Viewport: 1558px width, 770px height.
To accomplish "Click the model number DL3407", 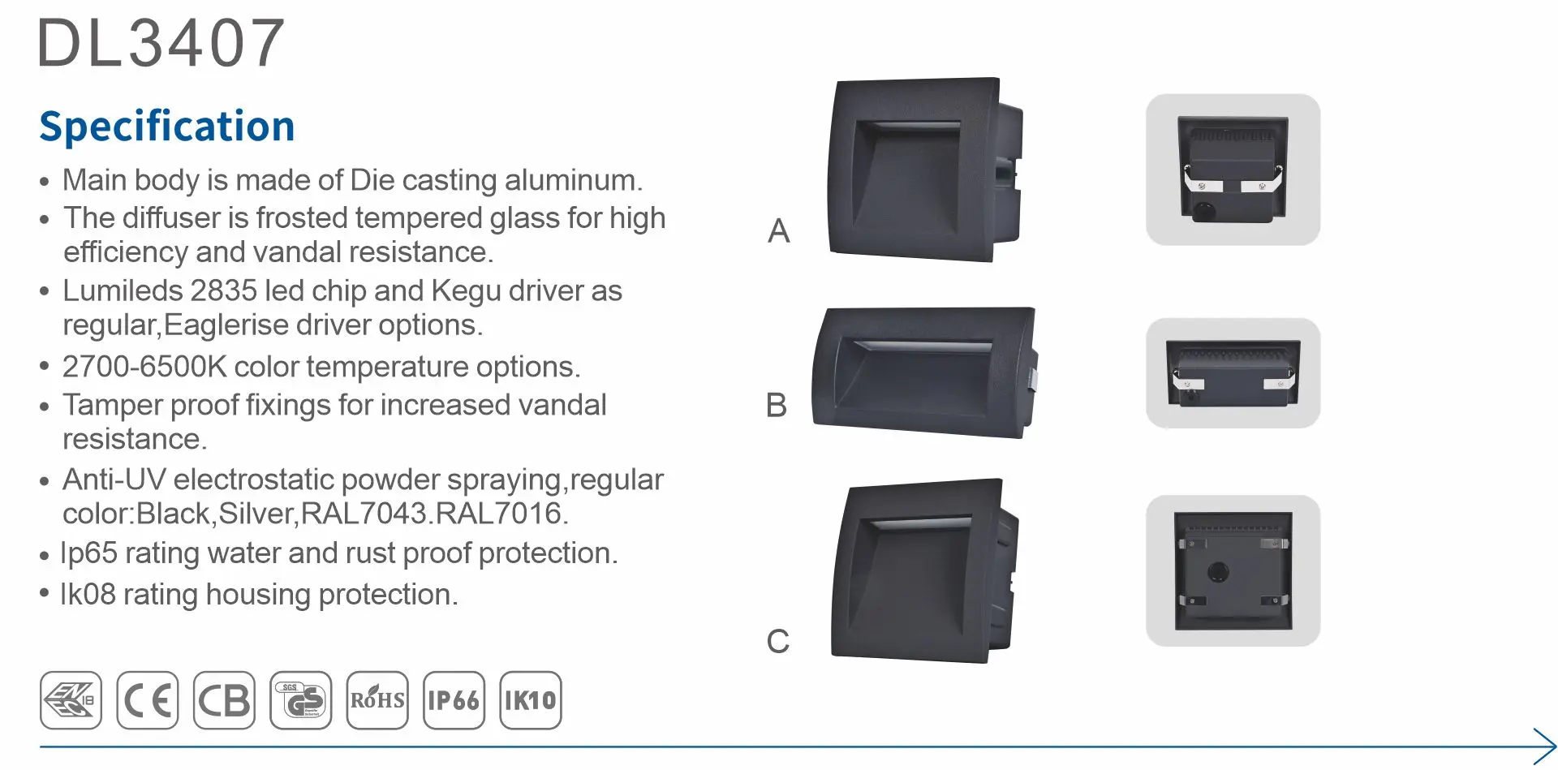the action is pyautogui.click(x=161, y=43).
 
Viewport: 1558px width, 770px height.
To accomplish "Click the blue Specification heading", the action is pyautogui.click(x=167, y=127).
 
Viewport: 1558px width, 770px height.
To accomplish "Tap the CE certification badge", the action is pyautogui.click(x=147, y=700).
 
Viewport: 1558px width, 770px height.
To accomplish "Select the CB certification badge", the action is pyautogui.click(x=224, y=700).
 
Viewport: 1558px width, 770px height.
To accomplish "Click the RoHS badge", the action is pyautogui.click(x=377, y=700).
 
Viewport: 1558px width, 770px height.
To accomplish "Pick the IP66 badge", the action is pyautogui.click(x=454, y=700).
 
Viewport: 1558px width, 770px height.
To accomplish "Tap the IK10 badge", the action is pyautogui.click(x=531, y=700).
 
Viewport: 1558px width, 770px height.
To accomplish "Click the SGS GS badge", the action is pyautogui.click(x=300, y=700).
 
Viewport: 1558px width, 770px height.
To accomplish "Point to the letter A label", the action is pyautogui.click(x=778, y=231).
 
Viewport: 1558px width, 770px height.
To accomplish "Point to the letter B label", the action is pyautogui.click(x=777, y=405).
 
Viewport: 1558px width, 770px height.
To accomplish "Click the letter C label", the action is pyautogui.click(x=777, y=641).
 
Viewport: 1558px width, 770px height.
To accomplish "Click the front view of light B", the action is pyautogui.click(x=925, y=372).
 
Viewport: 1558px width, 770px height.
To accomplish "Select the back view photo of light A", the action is pyautogui.click(x=1233, y=170).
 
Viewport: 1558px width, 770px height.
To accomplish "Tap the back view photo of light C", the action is pyautogui.click(x=1233, y=570).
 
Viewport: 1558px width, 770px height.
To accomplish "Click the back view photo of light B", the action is pyautogui.click(x=1233, y=373).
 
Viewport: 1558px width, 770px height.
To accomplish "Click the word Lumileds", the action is pyautogui.click(x=121, y=290).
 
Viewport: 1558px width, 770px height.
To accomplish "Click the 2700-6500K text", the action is pyautogui.click(x=144, y=367).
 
